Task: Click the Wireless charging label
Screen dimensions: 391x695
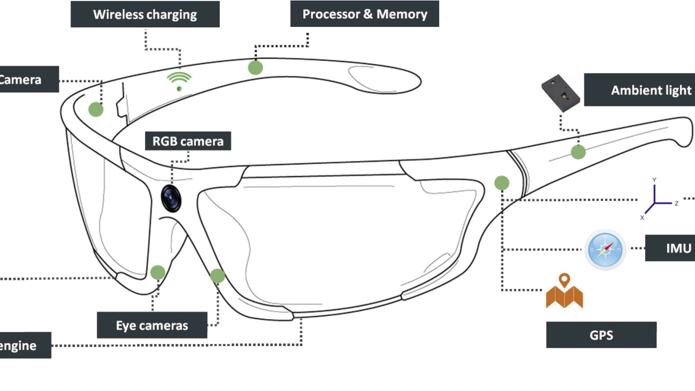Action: point(145,14)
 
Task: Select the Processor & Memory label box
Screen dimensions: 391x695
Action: point(364,14)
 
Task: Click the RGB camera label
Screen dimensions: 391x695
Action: point(188,141)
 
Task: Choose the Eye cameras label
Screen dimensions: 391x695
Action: point(152,325)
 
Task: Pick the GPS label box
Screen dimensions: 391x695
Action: point(601,335)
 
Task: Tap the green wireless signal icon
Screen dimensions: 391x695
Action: point(179,81)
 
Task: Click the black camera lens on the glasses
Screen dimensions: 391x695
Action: point(171,198)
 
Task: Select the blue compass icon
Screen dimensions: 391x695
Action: point(605,250)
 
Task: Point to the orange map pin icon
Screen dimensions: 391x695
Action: point(564,291)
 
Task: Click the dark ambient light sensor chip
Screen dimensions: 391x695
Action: point(560,93)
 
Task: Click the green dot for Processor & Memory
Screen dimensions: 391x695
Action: point(255,67)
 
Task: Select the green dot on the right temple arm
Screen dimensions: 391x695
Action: point(578,152)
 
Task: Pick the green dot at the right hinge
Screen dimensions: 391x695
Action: point(502,183)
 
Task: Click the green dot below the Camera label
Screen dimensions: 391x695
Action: point(96,109)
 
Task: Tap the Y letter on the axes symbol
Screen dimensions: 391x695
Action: point(654,180)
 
